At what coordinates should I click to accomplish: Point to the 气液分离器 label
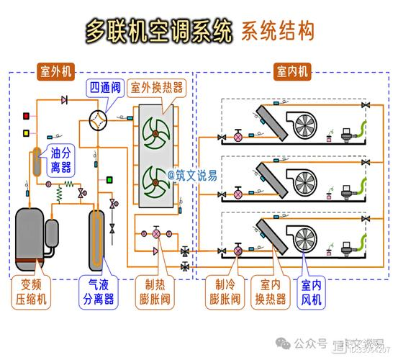click(x=98, y=292)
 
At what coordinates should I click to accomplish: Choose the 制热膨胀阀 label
click(x=156, y=292)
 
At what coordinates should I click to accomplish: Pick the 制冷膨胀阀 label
click(x=225, y=292)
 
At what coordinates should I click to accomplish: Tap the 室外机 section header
click(x=55, y=71)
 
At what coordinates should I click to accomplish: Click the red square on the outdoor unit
click(x=27, y=116)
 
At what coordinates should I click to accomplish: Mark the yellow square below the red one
click(x=27, y=132)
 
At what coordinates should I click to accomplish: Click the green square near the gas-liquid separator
click(x=109, y=178)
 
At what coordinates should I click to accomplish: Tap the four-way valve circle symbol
click(x=97, y=117)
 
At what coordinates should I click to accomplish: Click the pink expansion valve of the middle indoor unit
click(x=238, y=194)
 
